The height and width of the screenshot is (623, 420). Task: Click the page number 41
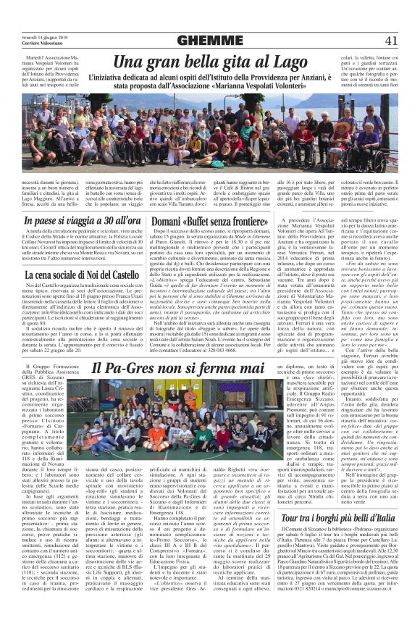[391, 40]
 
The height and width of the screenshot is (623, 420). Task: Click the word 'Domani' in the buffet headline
[173, 220]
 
